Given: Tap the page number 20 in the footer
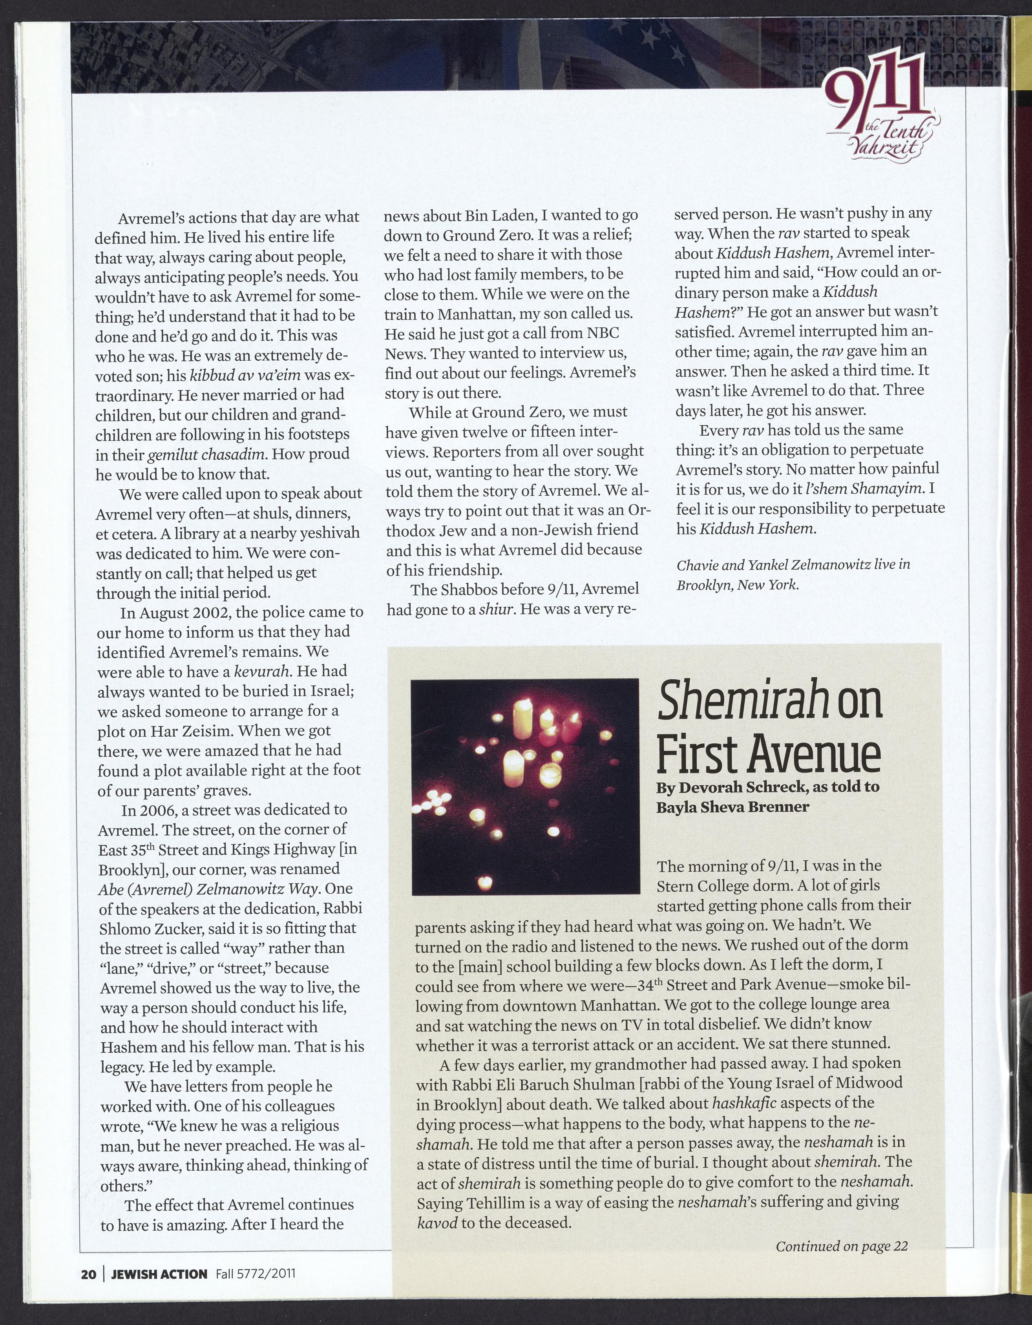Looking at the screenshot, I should (x=89, y=1274).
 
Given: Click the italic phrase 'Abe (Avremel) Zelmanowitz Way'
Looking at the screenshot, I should (x=209, y=889).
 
